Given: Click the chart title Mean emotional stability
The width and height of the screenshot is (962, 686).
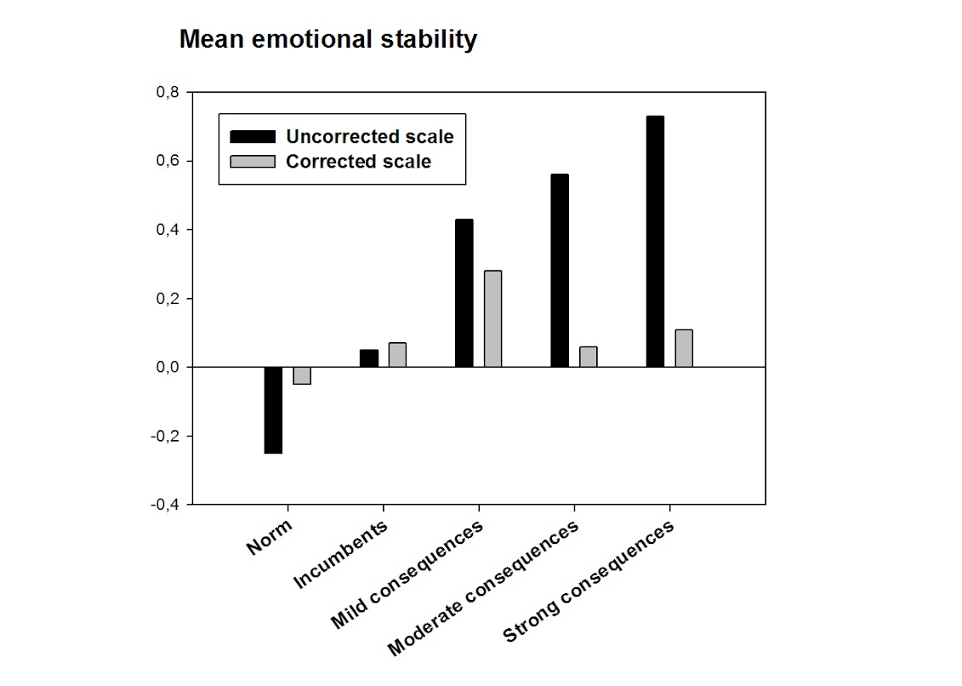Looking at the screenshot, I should click(x=327, y=40).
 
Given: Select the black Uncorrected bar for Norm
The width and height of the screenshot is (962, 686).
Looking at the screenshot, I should click(x=273, y=409).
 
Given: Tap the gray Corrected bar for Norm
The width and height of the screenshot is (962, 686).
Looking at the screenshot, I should click(x=302, y=375).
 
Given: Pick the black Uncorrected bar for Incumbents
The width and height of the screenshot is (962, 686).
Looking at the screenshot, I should click(x=368, y=358).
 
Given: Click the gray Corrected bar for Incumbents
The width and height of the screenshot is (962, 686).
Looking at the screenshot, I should click(x=397, y=355).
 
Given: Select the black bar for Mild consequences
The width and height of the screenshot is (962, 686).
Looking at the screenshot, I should click(x=464, y=293).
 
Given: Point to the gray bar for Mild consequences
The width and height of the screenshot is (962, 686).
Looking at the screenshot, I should click(x=492, y=318).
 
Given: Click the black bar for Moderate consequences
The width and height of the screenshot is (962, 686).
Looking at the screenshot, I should click(x=559, y=270).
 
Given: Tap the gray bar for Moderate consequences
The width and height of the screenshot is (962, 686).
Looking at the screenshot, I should click(x=588, y=357).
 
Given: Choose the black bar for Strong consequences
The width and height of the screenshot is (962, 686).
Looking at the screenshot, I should click(x=654, y=241).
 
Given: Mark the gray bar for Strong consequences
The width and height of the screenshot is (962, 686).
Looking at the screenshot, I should click(x=684, y=348).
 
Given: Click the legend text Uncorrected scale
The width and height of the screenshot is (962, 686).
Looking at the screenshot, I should click(x=369, y=137).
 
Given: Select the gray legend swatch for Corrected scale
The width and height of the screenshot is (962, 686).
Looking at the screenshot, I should click(x=253, y=162).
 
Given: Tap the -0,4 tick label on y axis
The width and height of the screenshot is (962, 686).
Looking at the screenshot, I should click(x=165, y=505).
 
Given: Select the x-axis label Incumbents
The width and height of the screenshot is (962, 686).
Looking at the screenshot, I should click(x=341, y=554).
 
